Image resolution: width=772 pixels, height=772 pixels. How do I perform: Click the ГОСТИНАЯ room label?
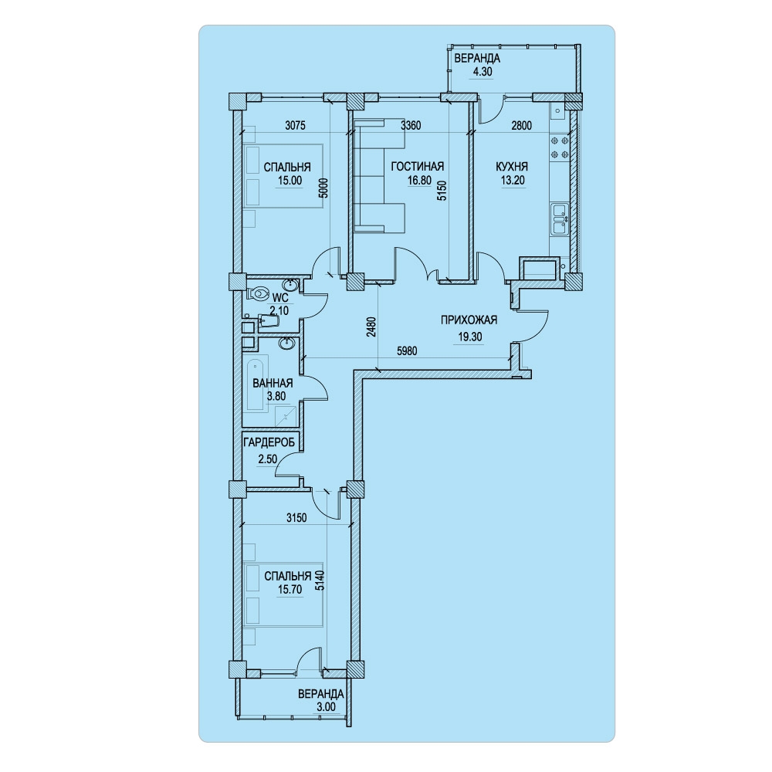tap(417, 167)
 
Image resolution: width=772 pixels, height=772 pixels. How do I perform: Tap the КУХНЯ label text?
tap(512, 167)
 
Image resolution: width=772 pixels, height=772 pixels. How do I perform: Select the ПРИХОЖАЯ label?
tap(469, 320)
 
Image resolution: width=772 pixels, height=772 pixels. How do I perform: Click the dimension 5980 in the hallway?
tap(407, 351)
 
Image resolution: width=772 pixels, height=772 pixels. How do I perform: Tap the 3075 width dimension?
tap(296, 126)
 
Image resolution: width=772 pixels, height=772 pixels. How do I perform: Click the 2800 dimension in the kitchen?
tap(521, 126)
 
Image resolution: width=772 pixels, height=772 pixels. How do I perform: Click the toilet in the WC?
tap(259, 293)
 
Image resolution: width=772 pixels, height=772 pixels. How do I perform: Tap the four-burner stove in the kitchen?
tap(560, 147)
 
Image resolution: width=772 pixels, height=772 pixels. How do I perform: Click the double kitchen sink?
tap(560, 218)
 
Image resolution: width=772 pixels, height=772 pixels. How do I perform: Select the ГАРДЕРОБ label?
tap(269, 442)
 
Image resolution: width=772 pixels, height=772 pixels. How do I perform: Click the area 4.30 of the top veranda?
tap(476, 71)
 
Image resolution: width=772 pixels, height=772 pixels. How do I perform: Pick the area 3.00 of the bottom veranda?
tap(324, 707)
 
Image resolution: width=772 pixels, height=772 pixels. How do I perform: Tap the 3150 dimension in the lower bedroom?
tap(296, 517)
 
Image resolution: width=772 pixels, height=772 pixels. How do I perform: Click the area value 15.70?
tap(289, 589)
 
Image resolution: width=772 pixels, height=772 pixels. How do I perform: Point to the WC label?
tap(279, 297)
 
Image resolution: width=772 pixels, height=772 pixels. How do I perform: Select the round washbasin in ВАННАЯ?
tap(287, 344)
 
